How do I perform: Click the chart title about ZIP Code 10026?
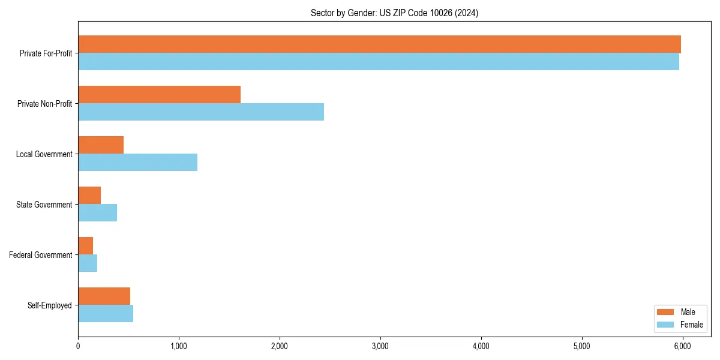(394, 13)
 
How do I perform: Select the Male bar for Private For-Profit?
(379, 44)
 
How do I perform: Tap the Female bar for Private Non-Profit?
(201, 112)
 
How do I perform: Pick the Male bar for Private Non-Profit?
(159, 95)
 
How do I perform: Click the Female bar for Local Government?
(137, 162)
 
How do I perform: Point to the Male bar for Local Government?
(101, 145)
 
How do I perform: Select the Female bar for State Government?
(97, 212)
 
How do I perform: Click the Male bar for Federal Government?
(85, 246)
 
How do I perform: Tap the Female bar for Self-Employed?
(106, 313)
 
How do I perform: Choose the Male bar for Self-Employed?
(104, 296)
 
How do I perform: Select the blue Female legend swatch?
(667, 325)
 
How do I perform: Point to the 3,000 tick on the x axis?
(380, 346)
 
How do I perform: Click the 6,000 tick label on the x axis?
(682, 346)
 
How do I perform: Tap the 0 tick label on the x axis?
(78, 346)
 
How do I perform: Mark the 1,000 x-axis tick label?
(179, 346)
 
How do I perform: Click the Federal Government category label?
(41, 255)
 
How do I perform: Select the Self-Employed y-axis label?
(50, 305)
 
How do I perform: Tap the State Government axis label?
(44, 205)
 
